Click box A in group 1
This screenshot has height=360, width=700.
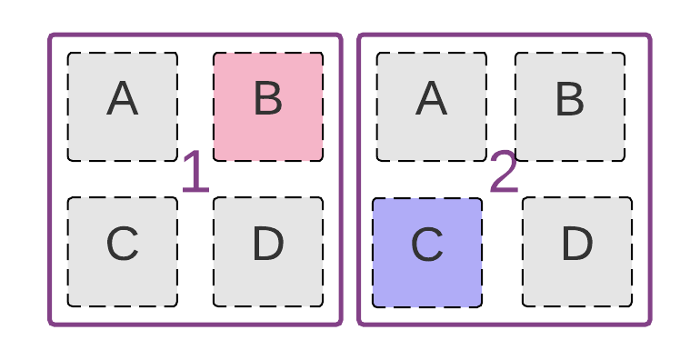click(x=122, y=106)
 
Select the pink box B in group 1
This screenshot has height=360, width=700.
click(x=268, y=106)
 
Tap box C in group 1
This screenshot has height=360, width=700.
click(x=122, y=252)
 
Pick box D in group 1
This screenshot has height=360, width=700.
click(x=268, y=252)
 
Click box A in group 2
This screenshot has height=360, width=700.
click(x=431, y=106)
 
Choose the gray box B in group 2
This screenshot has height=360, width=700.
click(x=570, y=106)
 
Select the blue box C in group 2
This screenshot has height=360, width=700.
click(x=427, y=253)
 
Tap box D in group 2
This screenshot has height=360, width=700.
click(x=577, y=252)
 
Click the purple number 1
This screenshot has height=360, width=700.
click(x=195, y=173)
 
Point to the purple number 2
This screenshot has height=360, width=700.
click(x=504, y=173)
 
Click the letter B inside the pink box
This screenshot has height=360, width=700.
click(x=268, y=99)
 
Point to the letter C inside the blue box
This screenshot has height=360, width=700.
click(x=427, y=245)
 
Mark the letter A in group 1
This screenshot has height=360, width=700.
click(x=122, y=99)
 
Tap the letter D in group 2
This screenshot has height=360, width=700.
click(x=577, y=244)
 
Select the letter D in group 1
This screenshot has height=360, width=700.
click(x=268, y=244)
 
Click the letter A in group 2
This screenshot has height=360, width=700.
click(x=431, y=99)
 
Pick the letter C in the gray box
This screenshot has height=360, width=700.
click(x=122, y=244)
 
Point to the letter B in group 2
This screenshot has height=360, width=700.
click(x=570, y=99)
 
